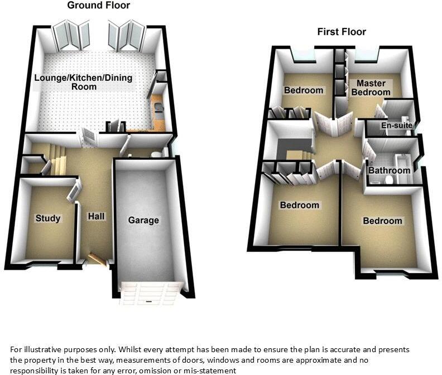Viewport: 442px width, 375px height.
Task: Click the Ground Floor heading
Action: [x=98, y=6]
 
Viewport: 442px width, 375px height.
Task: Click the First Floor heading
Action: [x=342, y=32]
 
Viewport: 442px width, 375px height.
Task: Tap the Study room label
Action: [x=47, y=218]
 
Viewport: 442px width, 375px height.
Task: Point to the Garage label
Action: [x=143, y=220]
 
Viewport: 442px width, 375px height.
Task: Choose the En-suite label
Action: [x=396, y=126]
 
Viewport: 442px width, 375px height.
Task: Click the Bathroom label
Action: [x=389, y=171]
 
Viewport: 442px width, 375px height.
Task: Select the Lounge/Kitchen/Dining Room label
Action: [x=83, y=82]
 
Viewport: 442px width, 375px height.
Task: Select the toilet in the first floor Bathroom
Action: [x=391, y=180]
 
